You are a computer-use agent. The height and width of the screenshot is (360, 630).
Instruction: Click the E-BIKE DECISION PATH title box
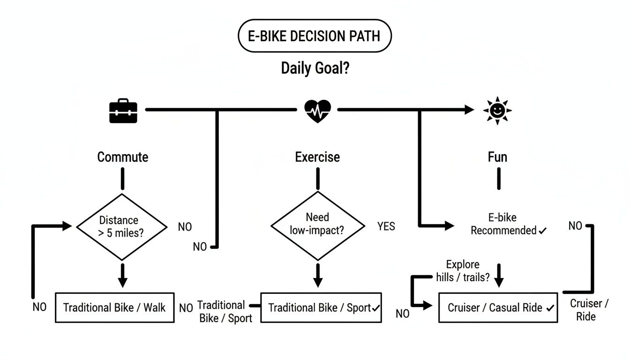(x=315, y=36)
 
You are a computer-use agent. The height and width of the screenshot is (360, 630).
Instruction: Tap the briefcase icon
(x=123, y=111)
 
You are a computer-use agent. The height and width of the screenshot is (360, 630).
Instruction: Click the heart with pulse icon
(x=317, y=111)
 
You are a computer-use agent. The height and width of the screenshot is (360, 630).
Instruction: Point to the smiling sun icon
(x=497, y=111)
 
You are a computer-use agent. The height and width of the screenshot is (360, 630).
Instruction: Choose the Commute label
(x=122, y=157)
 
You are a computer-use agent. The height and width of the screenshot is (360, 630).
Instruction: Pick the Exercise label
(x=317, y=157)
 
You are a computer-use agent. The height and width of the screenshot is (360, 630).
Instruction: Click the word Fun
(x=497, y=157)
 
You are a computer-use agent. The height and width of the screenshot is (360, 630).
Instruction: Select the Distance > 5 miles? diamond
(x=122, y=227)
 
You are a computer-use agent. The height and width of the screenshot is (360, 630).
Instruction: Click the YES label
(x=386, y=227)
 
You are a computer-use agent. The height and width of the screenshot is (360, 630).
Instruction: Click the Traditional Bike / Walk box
(x=114, y=308)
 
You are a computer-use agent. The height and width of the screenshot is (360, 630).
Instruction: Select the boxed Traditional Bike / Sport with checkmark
(x=321, y=308)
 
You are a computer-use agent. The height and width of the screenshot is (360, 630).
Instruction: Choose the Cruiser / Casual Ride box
(x=498, y=308)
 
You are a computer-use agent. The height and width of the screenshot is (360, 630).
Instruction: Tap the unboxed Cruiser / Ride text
(x=589, y=310)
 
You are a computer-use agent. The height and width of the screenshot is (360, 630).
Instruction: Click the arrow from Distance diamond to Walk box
(x=122, y=276)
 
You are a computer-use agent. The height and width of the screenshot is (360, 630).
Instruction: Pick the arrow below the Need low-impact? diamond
(x=318, y=276)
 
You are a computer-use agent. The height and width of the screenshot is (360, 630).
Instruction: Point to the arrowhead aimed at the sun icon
(x=469, y=110)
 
